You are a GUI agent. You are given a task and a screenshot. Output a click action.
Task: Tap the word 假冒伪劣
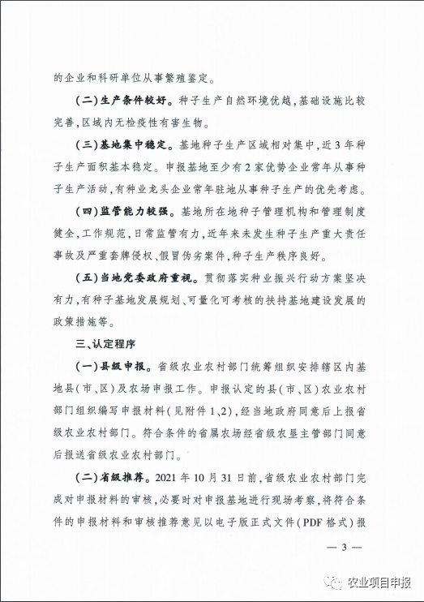click(x=185, y=256)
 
